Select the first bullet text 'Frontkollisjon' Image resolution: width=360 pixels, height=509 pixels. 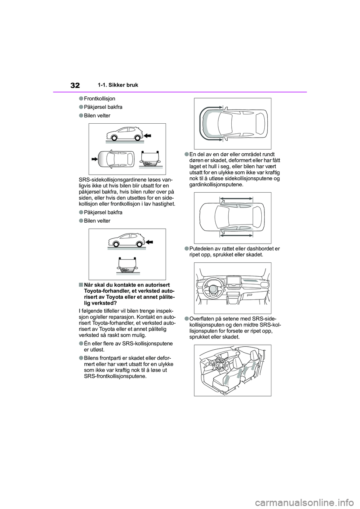click(99, 99)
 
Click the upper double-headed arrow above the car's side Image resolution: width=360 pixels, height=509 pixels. click(236, 198)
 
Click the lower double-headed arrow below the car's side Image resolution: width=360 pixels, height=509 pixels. click(236, 235)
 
